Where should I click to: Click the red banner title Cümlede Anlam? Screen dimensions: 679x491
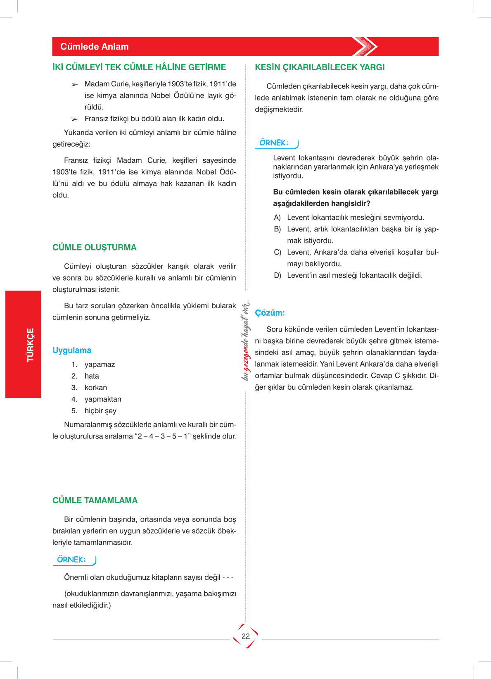click(x=95, y=47)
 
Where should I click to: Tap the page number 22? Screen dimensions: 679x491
click(x=246, y=636)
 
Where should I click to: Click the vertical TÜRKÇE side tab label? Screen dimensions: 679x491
click(x=30, y=345)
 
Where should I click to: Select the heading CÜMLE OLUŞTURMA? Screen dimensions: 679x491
click(x=94, y=248)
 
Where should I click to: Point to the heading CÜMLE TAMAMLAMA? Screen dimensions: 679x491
click(x=95, y=500)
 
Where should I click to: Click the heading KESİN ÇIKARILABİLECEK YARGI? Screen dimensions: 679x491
click(x=320, y=67)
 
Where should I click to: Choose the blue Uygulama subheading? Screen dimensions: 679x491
click(x=72, y=350)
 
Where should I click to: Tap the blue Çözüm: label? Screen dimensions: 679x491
click(x=270, y=313)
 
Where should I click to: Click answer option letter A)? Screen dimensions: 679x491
click(x=277, y=217)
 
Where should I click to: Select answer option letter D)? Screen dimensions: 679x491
click(x=278, y=275)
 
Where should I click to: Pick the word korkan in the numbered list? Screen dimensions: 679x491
click(x=96, y=388)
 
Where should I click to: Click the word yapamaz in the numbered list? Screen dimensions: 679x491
click(x=100, y=365)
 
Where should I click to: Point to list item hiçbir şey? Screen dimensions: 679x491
click(x=100, y=411)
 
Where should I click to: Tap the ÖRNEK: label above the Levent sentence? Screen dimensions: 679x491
click(x=274, y=143)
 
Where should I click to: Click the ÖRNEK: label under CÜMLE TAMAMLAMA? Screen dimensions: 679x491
click(x=71, y=560)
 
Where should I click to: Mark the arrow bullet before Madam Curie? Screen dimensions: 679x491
click(x=74, y=85)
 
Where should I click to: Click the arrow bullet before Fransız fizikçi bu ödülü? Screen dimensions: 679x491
click(x=74, y=119)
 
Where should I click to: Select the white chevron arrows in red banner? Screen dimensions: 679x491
click(x=365, y=47)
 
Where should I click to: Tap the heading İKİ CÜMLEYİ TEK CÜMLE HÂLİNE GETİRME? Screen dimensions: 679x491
click(x=139, y=67)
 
